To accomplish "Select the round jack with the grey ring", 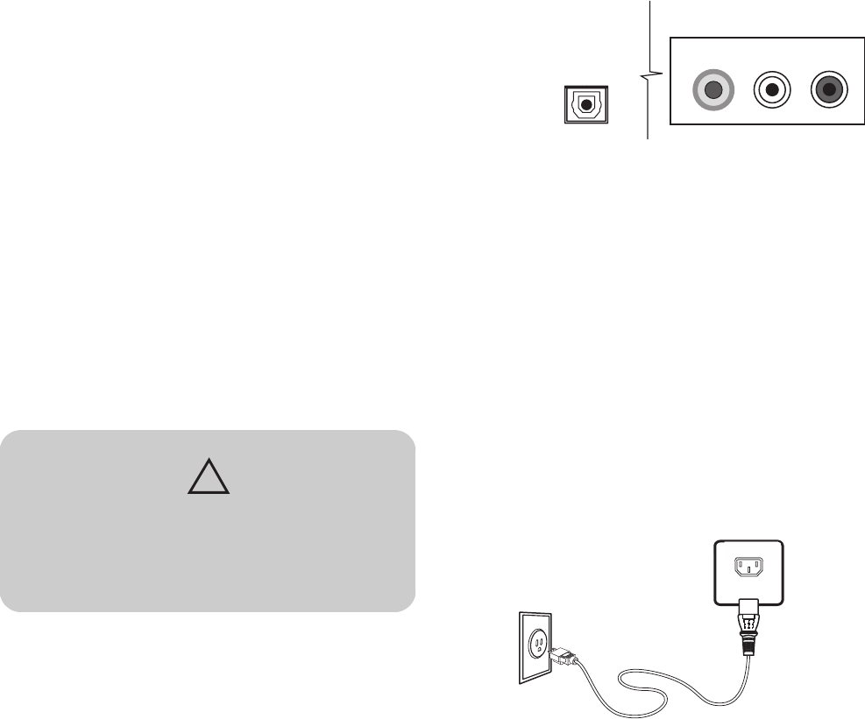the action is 713,89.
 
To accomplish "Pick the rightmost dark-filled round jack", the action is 829,89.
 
